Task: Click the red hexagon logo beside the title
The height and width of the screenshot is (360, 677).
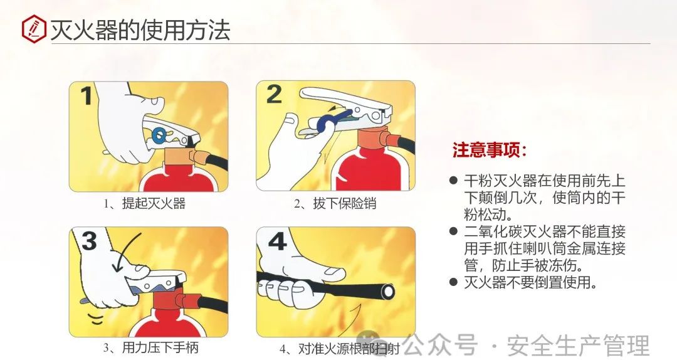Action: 34,29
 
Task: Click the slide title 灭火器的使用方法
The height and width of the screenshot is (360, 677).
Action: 140,29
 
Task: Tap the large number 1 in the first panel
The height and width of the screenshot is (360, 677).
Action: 87,96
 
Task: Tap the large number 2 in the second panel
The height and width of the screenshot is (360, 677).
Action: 274,94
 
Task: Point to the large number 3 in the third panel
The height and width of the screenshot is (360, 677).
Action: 90,241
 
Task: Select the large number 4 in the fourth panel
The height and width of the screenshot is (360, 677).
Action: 277,241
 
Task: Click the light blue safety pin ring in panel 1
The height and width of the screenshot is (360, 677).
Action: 159,135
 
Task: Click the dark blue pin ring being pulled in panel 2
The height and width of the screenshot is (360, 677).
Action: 325,123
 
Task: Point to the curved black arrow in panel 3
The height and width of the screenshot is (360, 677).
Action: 125,252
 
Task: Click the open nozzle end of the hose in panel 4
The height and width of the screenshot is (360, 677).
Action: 389,291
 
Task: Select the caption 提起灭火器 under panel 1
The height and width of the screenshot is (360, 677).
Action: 154,203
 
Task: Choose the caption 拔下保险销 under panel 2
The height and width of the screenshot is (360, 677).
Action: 344,203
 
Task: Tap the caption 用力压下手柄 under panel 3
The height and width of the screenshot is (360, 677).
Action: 160,347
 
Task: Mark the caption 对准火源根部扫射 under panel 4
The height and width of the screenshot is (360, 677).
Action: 349,349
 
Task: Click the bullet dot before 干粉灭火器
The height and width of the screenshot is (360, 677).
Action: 453,180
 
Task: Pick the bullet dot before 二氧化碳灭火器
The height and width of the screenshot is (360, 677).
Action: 453,231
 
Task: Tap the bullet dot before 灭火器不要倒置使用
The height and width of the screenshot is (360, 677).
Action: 453,282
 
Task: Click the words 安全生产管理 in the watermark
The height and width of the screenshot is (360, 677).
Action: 578,346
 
